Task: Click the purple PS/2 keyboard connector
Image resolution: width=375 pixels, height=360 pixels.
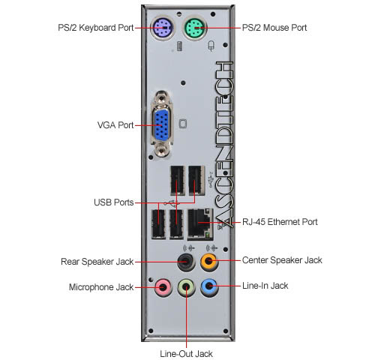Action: [x=162, y=28]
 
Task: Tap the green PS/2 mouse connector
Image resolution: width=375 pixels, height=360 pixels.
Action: [x=196, y=28]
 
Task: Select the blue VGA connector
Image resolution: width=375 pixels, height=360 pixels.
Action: [x=162, y=125]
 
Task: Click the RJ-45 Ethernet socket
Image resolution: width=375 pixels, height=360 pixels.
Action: [x=200, y=224]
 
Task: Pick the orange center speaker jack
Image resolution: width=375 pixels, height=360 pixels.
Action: [x=209, y=262]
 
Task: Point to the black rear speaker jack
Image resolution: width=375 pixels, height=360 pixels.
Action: [x=186, y=262]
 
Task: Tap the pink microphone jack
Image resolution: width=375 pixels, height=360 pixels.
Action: [x=163, y=287]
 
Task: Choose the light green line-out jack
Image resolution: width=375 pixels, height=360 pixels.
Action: [x=186, y=287]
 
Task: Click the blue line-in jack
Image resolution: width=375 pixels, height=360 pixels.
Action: [x=209, y=286]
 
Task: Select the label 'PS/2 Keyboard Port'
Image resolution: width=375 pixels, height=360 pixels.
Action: [x=96, y=28]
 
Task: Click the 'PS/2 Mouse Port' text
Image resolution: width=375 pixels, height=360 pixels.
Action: [x=274, y=28]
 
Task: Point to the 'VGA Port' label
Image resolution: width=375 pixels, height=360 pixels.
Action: [x=115, y=125]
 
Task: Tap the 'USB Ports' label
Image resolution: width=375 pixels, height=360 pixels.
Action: [x=114, y=202]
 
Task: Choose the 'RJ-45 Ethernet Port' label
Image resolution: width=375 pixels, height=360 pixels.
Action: [x=280, y=222]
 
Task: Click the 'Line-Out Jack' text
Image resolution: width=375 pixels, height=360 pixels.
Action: [x=187, y=354]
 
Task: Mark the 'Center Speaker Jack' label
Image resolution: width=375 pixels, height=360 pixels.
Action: [x=282, y=260]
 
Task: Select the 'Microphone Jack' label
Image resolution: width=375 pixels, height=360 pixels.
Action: [x=101, y=287]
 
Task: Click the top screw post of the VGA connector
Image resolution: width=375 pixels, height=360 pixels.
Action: [x=162, y=97]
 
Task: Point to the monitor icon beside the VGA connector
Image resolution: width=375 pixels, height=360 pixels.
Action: [x=183, y=124]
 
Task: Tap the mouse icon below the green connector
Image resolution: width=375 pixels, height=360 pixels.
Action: [x=211, y=46]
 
